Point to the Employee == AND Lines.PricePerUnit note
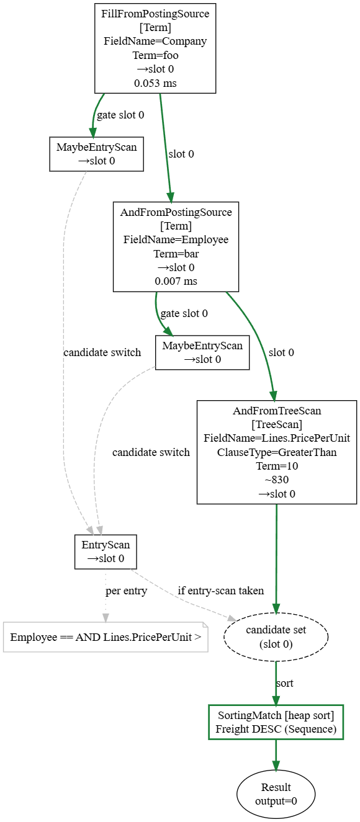click(x=106, y=637)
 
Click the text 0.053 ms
click(x=155, y=83)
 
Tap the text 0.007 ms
click(x=176, y=282)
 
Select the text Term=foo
click(x=155, y=55)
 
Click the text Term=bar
click(x=176, y=254)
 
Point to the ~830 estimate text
click(x=277, y=480)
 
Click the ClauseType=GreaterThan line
click(x=277, y=452)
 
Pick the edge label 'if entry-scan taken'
click(x=221, y=591)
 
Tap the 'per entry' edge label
click(x=126, y=591)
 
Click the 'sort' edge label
click(x=285, y=683)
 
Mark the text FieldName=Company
click(x=155, y=42)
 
